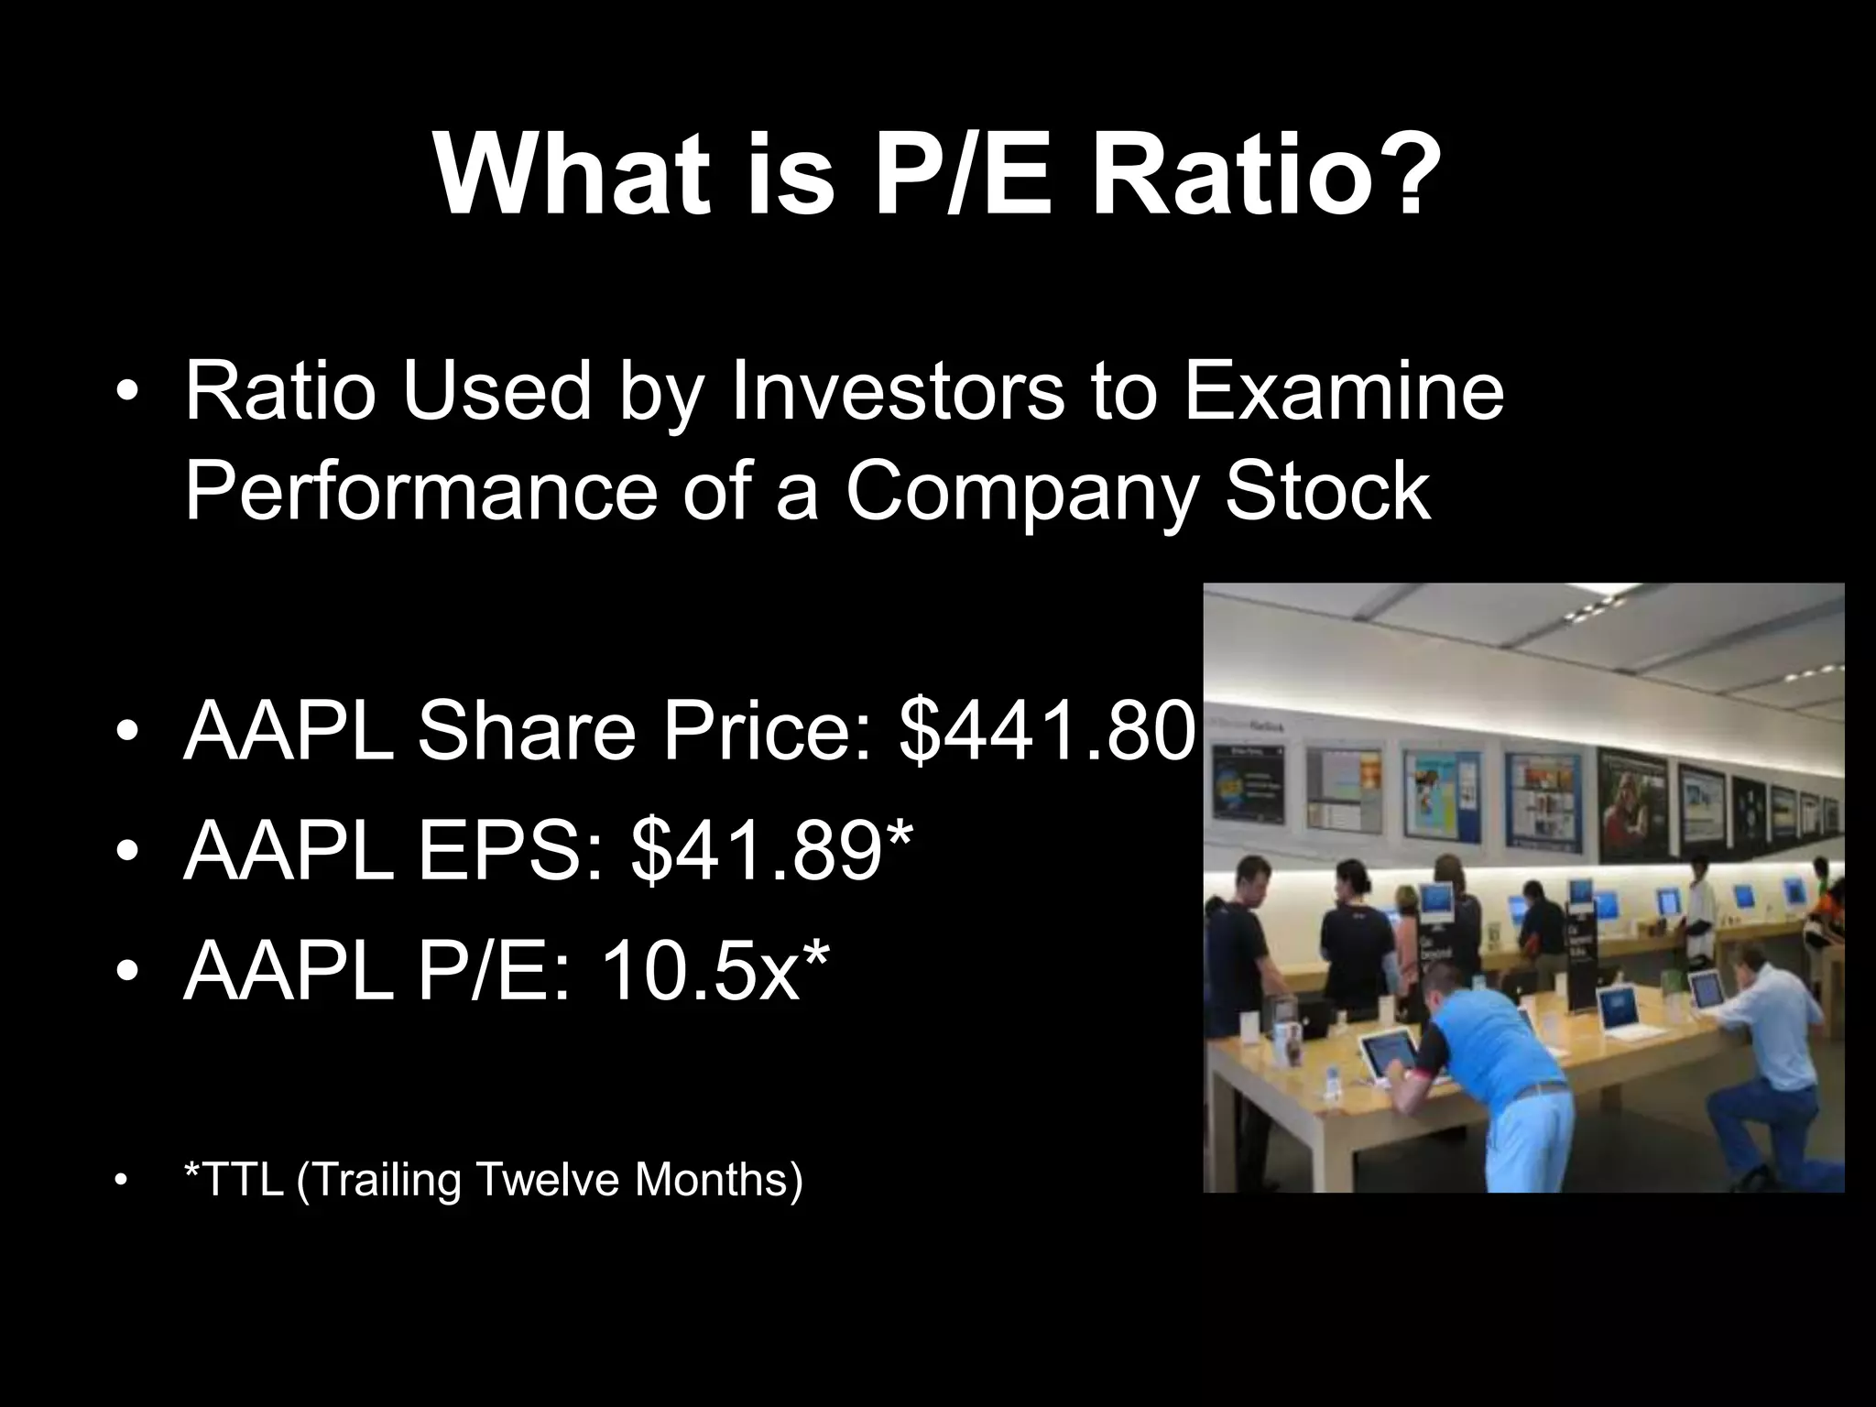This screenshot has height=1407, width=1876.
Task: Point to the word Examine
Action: pos(1344,392)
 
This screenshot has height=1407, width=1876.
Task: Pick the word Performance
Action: pos(420,492)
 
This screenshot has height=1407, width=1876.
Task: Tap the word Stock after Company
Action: pos(1327,492)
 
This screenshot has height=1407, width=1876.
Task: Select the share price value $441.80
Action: pos(1047,730)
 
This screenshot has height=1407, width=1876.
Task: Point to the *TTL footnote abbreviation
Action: pos(234,1180)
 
